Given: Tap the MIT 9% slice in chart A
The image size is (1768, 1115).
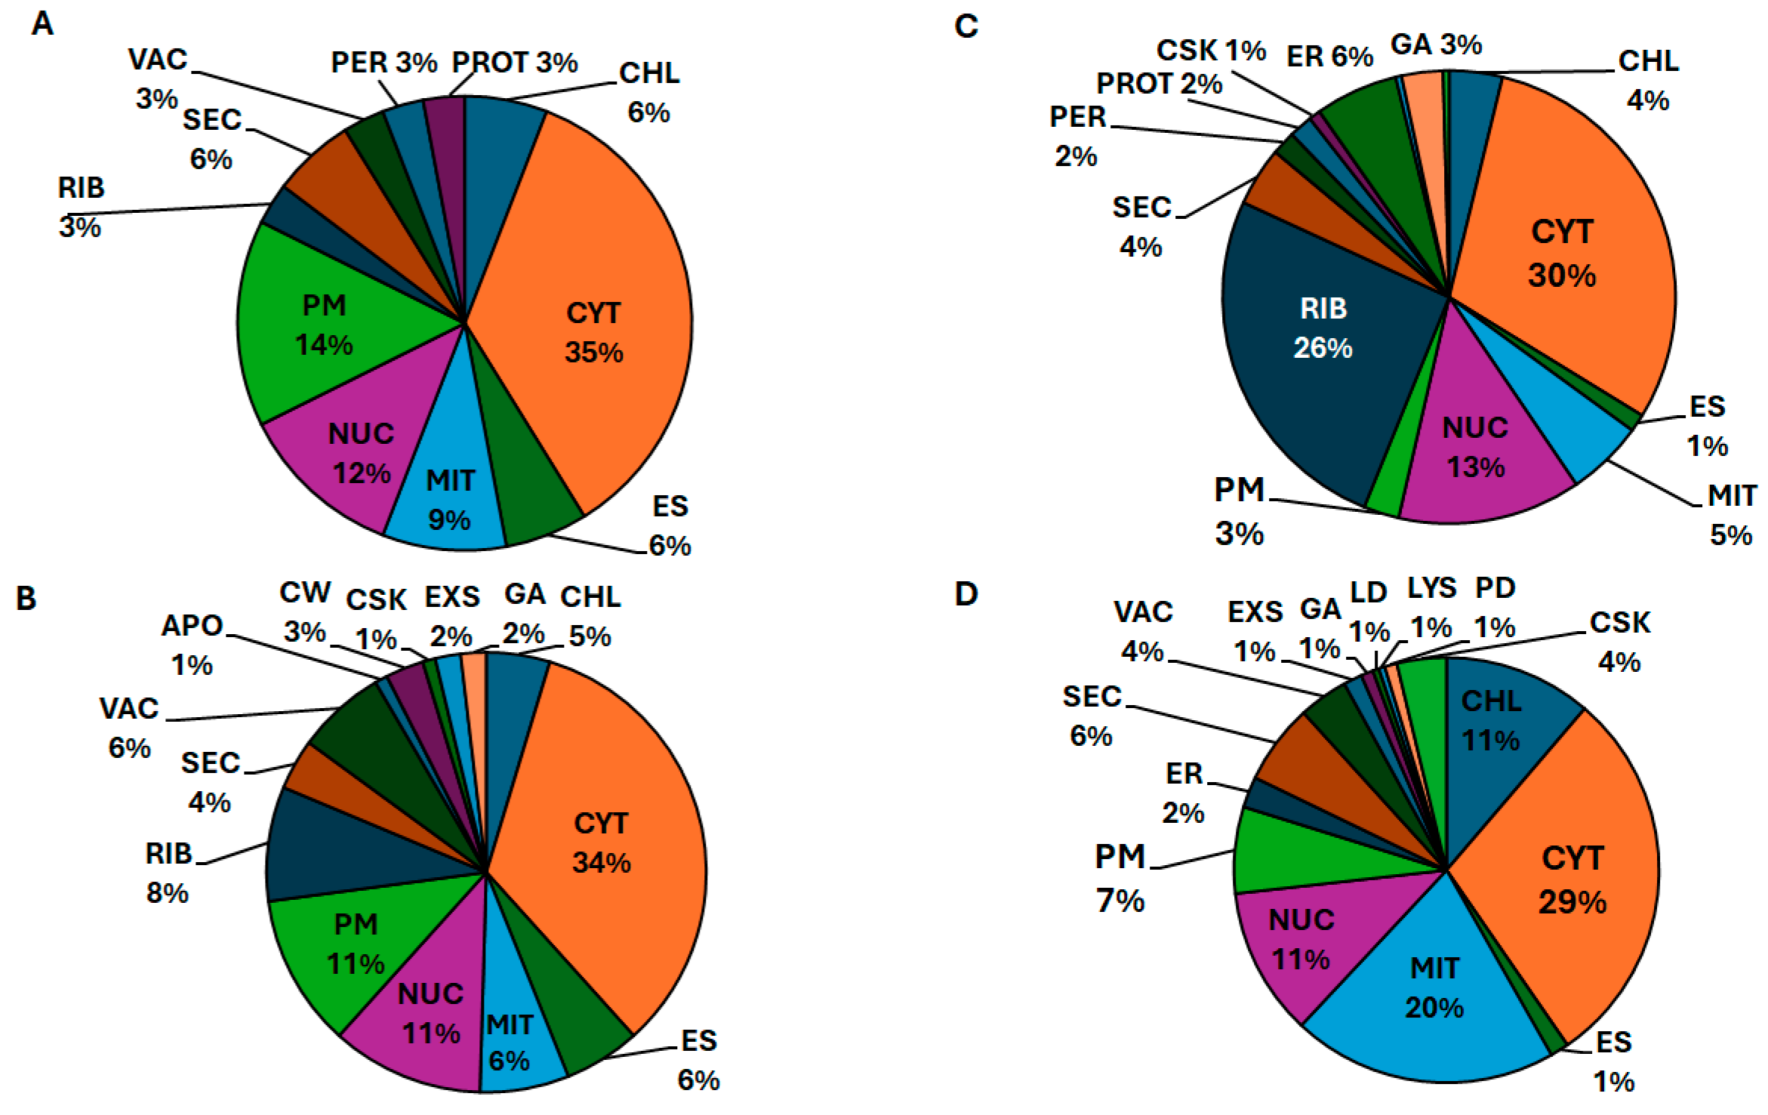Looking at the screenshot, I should tap(450, 498).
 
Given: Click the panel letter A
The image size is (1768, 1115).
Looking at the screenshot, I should tap(42, 24).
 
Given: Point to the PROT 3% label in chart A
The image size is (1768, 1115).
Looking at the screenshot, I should tap(514, 63).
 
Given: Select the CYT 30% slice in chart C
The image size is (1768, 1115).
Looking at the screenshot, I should tap(1563, 253).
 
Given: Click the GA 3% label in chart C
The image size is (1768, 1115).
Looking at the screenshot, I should tap(1436, 45).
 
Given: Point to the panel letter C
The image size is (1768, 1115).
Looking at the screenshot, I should tap(966, 26).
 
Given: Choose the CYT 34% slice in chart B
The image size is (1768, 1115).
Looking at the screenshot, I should tap(602, 842).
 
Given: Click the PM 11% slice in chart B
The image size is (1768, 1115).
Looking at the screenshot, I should tap(355, 944).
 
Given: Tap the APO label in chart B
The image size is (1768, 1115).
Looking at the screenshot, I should tap(193, 626).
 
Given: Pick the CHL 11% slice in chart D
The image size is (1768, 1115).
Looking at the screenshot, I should tap(1491, 721).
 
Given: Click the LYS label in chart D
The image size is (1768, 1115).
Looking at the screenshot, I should tap(1431, 588).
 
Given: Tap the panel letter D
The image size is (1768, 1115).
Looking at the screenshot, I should tap(966, 594).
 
